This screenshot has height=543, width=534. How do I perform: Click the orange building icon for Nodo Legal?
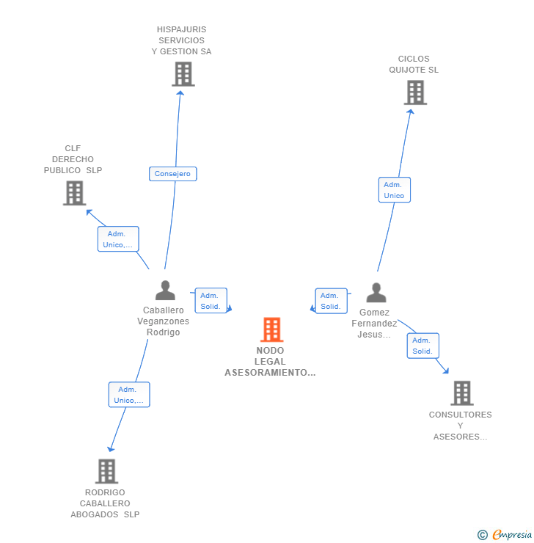point(271,329)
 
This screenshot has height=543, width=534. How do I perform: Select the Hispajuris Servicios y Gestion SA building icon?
point(183,74)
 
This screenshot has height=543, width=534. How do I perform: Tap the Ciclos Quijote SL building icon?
point(415,92)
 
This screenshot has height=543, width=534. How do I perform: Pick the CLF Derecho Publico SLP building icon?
point(74,193)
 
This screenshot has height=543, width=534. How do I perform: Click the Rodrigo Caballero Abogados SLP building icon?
point(106,471)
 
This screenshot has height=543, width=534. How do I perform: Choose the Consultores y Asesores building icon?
point(461,393)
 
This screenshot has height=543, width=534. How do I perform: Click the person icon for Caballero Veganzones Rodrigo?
point(165,291)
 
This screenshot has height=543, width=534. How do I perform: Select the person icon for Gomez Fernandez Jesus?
point(376,293)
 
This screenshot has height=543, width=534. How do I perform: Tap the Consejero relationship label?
point(172,174)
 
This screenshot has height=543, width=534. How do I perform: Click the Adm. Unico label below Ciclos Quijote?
point(394,190)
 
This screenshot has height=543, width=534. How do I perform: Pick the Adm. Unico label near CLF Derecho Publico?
point(117,239)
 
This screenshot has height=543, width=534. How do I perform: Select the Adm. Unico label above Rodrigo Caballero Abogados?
point(128,395)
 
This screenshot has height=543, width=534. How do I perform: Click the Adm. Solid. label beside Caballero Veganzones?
point(211,301)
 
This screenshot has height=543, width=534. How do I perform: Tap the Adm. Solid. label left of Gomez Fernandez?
point(331,301)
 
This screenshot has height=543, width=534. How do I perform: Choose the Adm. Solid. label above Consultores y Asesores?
point(423,346)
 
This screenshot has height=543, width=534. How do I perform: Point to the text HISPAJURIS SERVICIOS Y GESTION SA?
point(181,40)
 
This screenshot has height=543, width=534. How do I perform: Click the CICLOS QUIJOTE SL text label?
point(414,65)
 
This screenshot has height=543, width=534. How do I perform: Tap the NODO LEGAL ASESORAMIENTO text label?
point(271,361)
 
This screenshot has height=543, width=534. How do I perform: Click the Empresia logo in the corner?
point(505,535)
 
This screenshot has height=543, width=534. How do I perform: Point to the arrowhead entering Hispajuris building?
point(181,93)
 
